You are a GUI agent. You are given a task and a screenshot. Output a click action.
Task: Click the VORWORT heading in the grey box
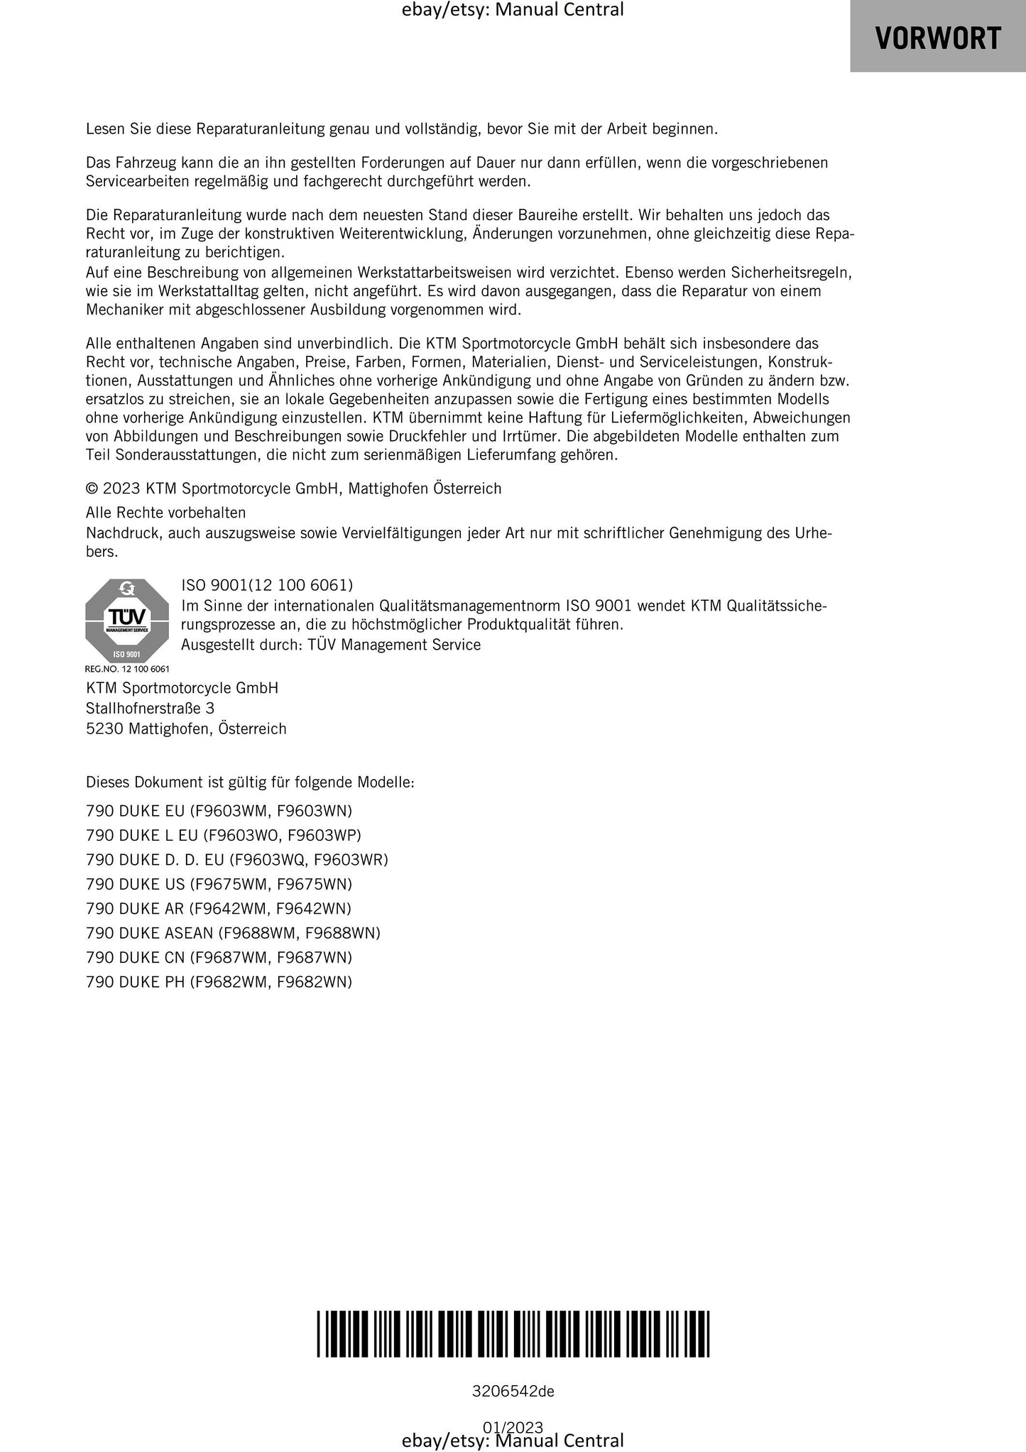click(937, 38)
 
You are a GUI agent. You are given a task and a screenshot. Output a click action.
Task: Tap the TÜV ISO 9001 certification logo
click(127, 621)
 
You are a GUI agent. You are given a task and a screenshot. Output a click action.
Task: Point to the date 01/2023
click(513, 1426)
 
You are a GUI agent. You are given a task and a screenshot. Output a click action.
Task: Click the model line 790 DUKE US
click(219, 884)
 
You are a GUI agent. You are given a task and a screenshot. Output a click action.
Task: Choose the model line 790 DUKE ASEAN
click(233, 932)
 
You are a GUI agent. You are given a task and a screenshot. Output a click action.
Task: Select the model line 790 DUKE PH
click(219, 981)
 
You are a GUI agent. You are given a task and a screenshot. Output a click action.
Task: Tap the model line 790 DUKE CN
click(219, 957)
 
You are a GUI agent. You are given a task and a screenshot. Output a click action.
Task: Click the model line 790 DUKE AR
click(219, 908)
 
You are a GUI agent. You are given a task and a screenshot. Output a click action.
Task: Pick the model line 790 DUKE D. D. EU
click(237, 859)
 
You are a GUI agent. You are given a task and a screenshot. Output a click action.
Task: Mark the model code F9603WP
click(324, 835)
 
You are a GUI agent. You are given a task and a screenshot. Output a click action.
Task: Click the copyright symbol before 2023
click(92, 488)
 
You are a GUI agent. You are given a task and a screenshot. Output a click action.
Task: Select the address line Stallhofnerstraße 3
click(150, 708)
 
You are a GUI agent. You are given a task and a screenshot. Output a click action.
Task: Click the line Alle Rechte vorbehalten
click(165, 513)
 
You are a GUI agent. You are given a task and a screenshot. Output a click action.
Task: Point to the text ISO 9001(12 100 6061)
click(267, 585)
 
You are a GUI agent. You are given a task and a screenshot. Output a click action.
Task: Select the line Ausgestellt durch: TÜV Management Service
click(331, 645)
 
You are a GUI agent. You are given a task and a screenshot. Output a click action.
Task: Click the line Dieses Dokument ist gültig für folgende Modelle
click(250, 782)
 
